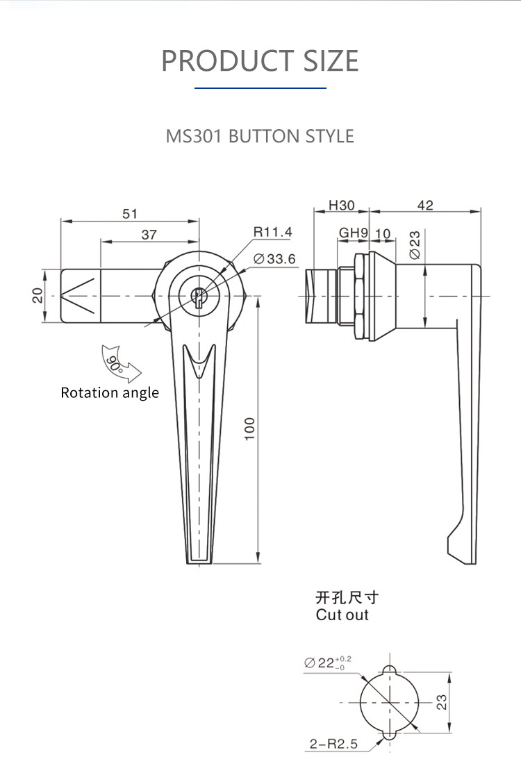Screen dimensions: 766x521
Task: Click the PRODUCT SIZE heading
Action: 260,60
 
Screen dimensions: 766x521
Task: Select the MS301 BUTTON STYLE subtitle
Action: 260,135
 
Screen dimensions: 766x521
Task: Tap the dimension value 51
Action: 130,214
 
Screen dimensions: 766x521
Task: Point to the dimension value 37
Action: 149,235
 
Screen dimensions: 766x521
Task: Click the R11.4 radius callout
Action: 272,232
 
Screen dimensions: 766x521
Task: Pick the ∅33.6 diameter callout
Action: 275,259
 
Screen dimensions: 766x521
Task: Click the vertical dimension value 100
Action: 250,428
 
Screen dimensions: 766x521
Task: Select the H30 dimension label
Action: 341,206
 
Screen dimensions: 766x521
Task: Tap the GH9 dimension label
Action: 353,233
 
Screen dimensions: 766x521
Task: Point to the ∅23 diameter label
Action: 415,245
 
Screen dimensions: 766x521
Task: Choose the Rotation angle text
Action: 110,393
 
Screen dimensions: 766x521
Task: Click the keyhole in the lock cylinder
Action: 199,297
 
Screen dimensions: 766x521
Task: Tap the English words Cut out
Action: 342,615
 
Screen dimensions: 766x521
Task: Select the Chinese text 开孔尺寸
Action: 347,597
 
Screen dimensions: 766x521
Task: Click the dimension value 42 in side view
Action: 425,206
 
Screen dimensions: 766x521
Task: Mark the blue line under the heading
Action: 260,88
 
